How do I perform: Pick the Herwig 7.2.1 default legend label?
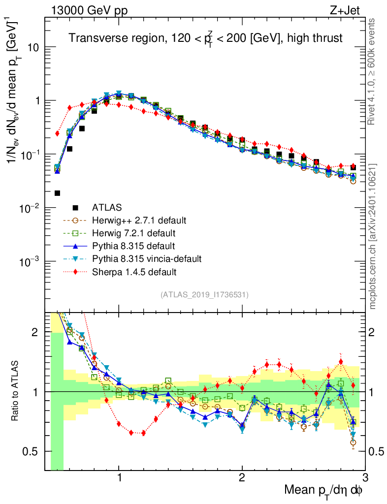click(x=131, y=233)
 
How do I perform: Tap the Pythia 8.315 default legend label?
click(x=129, y=246)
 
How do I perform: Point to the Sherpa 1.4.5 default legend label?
click(x=130, y=271)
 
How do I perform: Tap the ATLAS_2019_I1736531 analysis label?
click(x=204, y=295)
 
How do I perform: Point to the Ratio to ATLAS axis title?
click(x=16, y=392)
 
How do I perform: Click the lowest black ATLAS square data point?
click(x=57, y=193)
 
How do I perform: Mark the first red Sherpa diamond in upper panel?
click(x=57, y=133)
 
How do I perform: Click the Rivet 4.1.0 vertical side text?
click(x=373, y=71)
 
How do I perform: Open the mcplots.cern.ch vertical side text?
click(x=373, y=236)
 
